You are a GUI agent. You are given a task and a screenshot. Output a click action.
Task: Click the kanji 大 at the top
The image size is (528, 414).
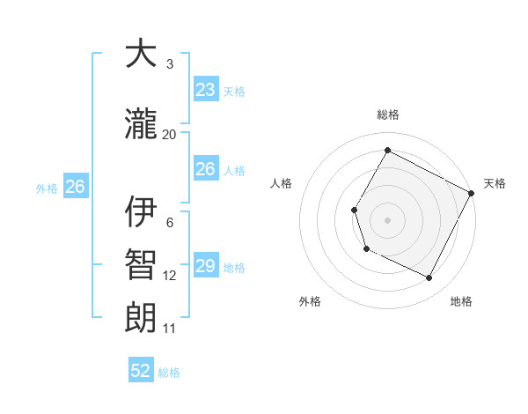[141, 55]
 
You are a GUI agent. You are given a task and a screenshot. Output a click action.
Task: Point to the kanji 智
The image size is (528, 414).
[141, 265]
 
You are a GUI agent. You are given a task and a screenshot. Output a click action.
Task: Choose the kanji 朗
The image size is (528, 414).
[141, 318]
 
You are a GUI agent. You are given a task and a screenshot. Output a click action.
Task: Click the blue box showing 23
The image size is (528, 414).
[205, 90]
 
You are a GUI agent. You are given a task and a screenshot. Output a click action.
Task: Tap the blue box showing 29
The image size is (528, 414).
[205, 266]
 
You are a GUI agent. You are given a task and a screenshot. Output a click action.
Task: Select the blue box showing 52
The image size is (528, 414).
[141, 371]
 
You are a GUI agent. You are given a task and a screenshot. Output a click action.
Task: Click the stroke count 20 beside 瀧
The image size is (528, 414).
[169, 135]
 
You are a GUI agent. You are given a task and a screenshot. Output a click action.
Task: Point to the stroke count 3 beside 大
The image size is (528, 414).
[169, 64]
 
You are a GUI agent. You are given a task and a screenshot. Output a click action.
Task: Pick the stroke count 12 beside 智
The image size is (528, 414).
[169, 276]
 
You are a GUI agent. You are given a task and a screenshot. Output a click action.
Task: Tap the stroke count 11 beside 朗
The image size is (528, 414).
[169, 329]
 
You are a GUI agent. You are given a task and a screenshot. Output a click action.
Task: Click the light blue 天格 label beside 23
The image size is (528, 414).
[233, 92]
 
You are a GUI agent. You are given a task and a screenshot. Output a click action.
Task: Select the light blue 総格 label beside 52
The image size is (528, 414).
[169, 373]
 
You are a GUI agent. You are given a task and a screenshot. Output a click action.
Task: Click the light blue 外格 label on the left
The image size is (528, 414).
[46, 188]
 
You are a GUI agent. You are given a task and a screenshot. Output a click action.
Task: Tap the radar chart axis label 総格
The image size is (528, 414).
[387, 115]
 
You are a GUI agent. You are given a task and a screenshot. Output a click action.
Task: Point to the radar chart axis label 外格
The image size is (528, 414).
[310, 301]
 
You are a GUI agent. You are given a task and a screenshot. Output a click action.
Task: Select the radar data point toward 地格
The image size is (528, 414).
[429, 278]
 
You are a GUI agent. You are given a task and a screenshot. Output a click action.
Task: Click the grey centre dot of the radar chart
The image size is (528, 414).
[387, 219]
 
